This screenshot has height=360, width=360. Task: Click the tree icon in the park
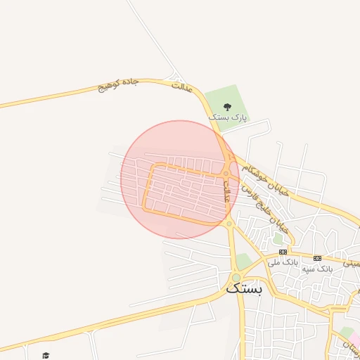(226, 106)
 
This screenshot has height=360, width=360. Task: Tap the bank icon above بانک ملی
(283, 252)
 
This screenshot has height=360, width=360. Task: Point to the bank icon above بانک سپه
(317, 258)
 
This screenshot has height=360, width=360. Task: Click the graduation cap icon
(46, 355)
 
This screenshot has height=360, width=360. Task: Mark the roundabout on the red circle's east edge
(226, 174)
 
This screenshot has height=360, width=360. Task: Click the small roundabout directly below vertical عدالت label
(229, 224)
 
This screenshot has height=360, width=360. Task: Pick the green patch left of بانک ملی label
(243, 262)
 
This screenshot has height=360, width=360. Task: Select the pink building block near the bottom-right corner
(346, 333)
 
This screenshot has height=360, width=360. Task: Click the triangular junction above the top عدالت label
(173, 77)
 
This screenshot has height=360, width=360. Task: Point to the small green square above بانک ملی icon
(278, 239)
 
